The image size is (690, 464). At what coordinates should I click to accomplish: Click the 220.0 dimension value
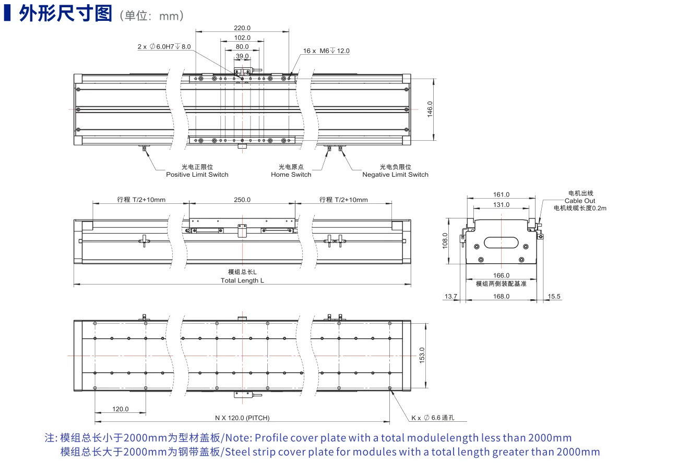(x=242, y=28)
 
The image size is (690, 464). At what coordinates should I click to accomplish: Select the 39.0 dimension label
(x=242, y=56)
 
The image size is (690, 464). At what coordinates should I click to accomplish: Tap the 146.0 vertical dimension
(x=430, y=109)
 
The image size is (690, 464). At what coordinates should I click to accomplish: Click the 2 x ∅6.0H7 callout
(x=164, y=46)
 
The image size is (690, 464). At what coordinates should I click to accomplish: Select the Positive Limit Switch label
(x=197, y=175)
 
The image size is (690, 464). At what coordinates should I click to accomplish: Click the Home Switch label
(x=291, y=175)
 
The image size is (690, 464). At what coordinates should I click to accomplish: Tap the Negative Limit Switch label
(x=395, y=175)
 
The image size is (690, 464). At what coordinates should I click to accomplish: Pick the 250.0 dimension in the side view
(x=242, y=200)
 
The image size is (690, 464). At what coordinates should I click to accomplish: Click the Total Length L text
(x=242, y=280)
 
